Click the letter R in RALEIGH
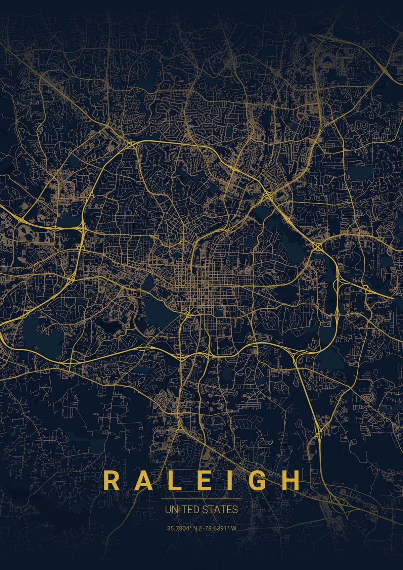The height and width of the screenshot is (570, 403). click(110, 480)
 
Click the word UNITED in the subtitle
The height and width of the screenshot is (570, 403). click(180, 510)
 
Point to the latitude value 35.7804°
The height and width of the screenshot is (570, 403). click(178, 528)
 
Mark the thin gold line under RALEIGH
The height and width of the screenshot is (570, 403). click(201, 499)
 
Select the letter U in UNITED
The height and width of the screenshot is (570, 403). click(167, 510)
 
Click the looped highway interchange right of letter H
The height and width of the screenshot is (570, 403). click(341, 503)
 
